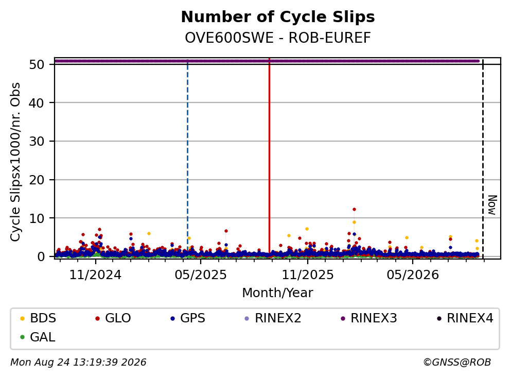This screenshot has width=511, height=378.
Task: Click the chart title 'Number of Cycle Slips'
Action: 278,17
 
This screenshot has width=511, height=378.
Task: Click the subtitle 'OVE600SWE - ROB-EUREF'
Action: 278,38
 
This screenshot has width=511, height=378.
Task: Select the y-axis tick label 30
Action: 37,141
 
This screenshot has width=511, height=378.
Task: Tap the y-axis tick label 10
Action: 37,218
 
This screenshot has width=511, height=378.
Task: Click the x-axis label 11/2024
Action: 96,275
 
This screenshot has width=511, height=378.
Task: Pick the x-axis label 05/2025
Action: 201,275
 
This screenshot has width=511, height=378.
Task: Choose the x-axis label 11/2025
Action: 308,275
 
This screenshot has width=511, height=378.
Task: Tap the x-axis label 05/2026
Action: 413,275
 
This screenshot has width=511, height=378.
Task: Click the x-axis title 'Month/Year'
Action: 278,293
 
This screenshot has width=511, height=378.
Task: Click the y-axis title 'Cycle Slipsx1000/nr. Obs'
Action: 15,162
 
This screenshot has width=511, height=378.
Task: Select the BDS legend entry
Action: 38,318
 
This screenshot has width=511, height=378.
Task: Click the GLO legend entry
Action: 113,318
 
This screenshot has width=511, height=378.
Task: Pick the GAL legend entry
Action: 38,337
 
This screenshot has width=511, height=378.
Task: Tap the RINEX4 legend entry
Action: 465,318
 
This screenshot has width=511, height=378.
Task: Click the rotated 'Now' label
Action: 492,205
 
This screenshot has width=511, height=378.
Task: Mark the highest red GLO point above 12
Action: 354,210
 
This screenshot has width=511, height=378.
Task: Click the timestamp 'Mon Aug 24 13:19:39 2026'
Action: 78,363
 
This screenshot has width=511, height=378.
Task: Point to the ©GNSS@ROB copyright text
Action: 457,363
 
